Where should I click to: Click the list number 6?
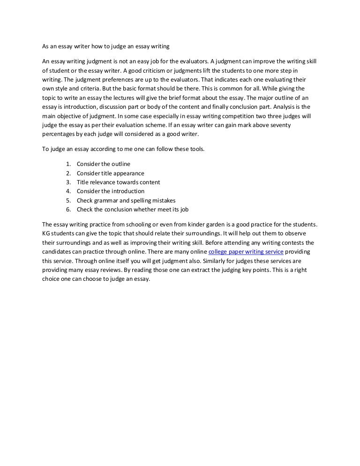pyautogui.click(x=68, y=209)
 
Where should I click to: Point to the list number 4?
pyautogui.click(x=68, y=191)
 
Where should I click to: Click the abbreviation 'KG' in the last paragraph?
pyautogui.click(x=46, y=233)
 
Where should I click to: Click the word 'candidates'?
pyautogui.click(x=57, y=252)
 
